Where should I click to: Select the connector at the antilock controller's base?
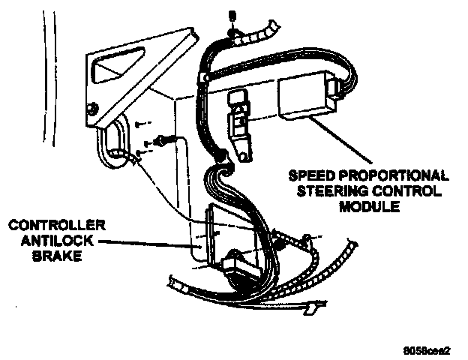[x=238, y=264]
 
